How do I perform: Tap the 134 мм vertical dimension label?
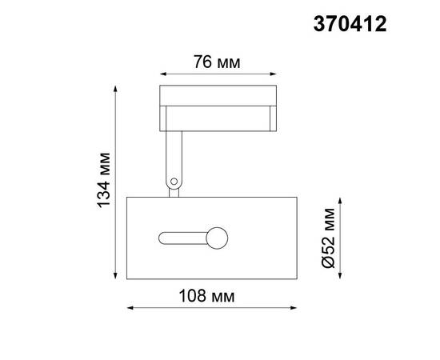pyautogui.click(x=102, y=180)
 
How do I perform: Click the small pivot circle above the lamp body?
pyautogui.click(x=173, y=183)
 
